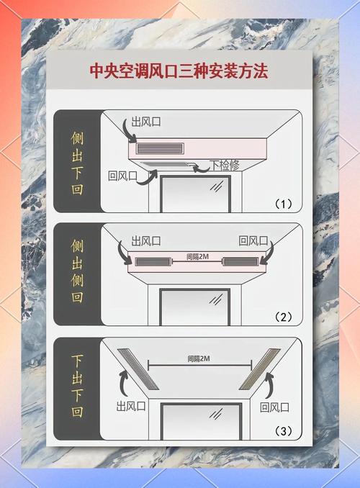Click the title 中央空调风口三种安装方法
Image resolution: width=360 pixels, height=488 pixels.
pos(179,71)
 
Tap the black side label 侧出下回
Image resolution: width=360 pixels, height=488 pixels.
pos(77,162)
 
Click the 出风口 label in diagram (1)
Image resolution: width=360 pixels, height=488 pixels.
pos(147,122)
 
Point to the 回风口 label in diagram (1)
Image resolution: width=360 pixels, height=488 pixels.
pos(122,176)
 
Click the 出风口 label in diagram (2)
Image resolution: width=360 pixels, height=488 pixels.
pos(146,241)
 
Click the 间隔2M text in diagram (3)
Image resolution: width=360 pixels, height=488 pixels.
pos(199,358)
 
